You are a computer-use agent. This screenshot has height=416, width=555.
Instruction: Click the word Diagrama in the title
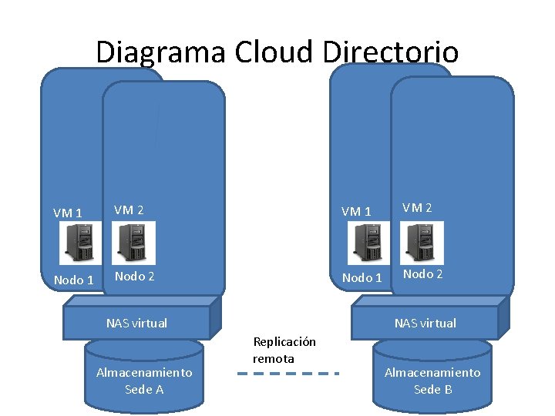(160, 52)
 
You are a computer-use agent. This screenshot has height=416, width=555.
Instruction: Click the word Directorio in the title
(391, 52)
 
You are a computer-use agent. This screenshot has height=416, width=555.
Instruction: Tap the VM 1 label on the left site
(68, 213)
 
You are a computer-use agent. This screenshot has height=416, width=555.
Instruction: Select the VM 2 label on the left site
(129, 209)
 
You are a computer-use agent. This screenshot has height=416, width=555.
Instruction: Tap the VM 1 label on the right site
(356, 211)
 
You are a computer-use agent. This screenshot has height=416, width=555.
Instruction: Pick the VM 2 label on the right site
(417, 207)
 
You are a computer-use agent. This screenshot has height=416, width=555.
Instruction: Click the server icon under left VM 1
(78, 243)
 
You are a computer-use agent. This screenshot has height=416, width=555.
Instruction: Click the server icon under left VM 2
(134, 242)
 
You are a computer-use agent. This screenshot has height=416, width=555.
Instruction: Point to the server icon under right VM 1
(366, 242)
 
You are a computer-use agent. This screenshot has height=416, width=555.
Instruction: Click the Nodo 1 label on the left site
(74, 280)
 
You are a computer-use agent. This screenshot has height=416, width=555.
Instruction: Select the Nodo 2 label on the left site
(134, 276)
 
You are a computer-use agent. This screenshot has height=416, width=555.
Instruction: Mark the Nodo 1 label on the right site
(362, 277)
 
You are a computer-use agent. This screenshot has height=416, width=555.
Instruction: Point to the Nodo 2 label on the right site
(422, 274)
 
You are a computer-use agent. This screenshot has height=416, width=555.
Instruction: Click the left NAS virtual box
(136, 323)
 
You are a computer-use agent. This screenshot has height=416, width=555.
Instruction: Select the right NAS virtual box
(425, 323)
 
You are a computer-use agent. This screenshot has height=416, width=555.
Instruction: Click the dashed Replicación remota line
(288, 374)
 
